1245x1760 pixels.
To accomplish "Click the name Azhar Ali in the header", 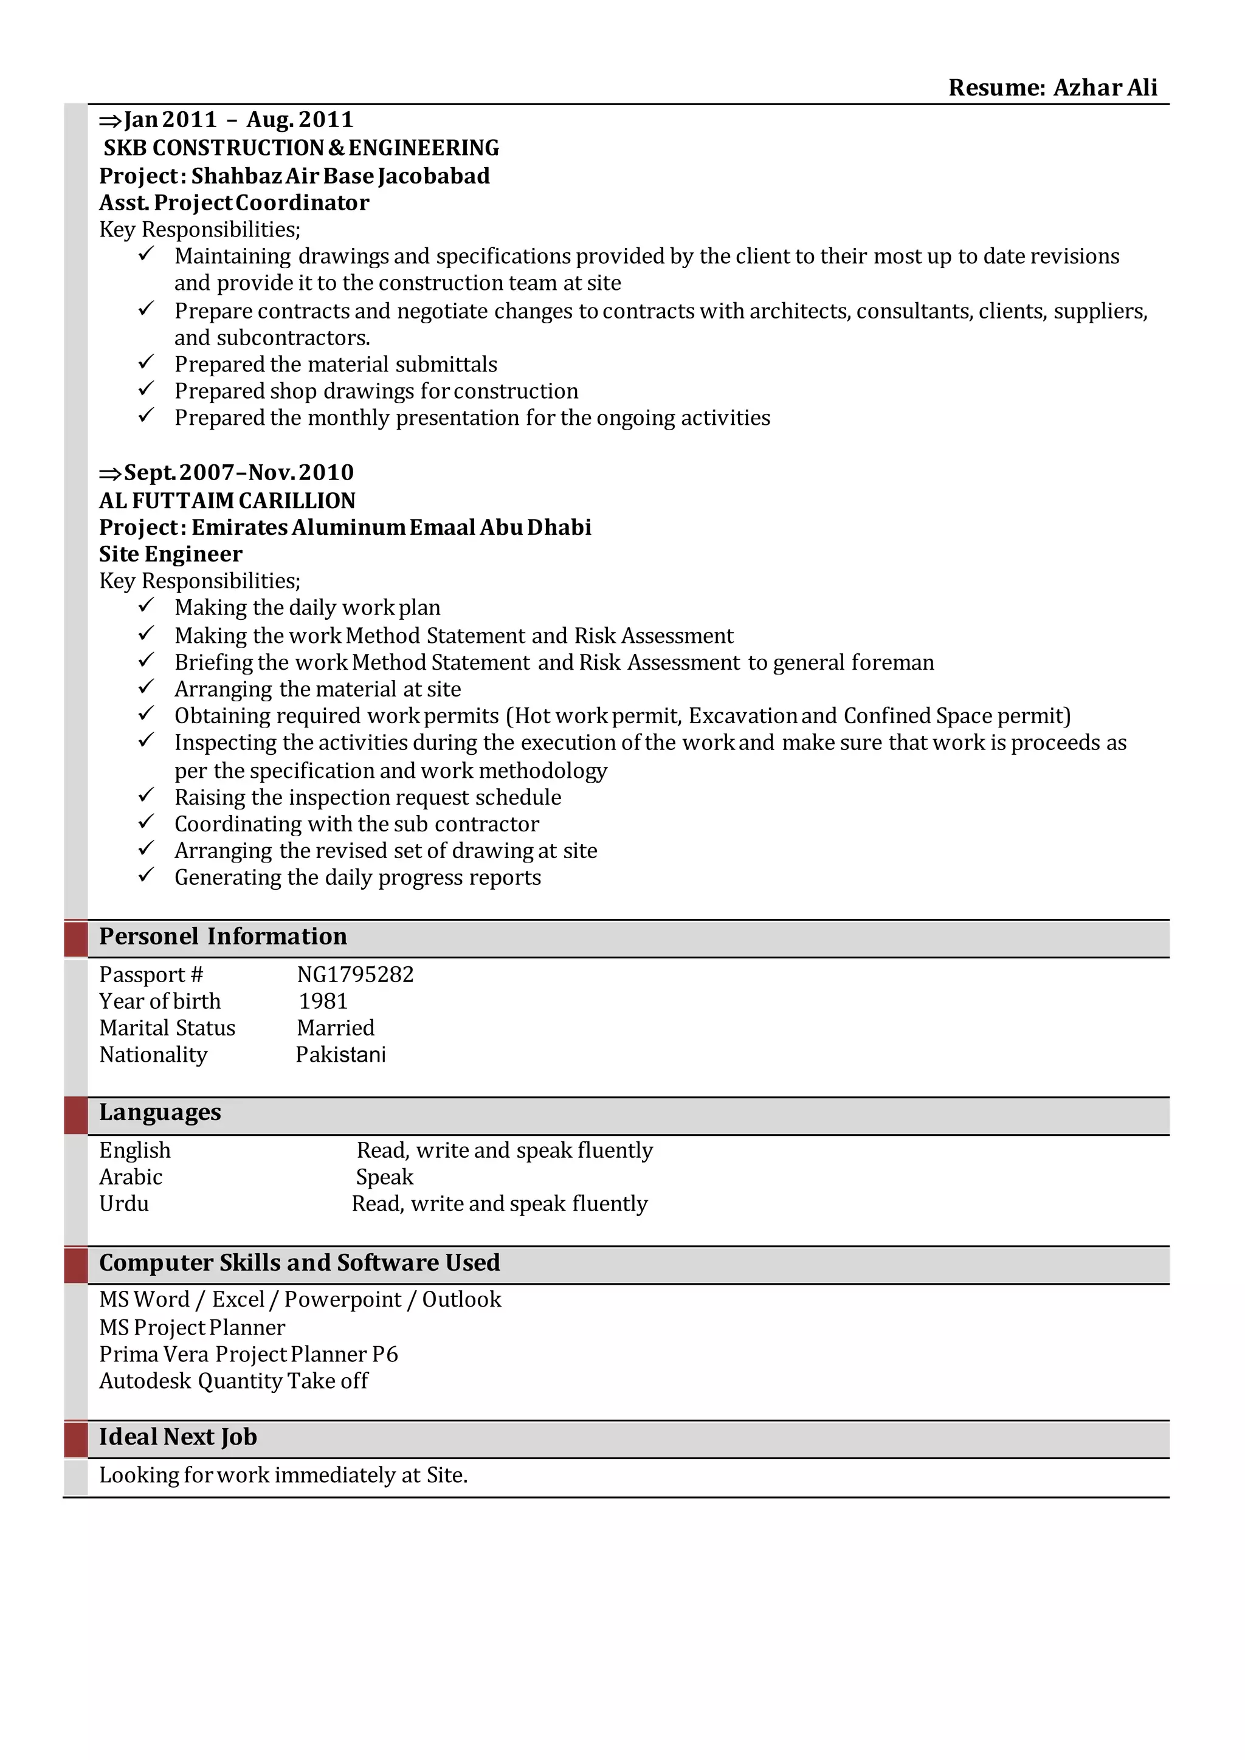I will click(1105, 88).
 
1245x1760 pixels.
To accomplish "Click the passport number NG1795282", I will click(355, 974).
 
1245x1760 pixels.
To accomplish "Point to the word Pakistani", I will click(340, 1055).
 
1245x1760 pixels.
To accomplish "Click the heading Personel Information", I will click(222, 937).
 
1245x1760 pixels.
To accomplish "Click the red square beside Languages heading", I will click(76, 1115).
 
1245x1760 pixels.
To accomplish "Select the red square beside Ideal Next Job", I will click(76, 1439).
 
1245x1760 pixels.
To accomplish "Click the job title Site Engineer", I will click(170, 554).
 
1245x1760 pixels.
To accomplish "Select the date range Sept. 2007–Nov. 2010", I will click(238, 472).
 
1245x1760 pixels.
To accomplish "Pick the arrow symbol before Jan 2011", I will click(111, 120).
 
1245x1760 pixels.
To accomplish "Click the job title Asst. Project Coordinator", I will click(234, 203).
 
